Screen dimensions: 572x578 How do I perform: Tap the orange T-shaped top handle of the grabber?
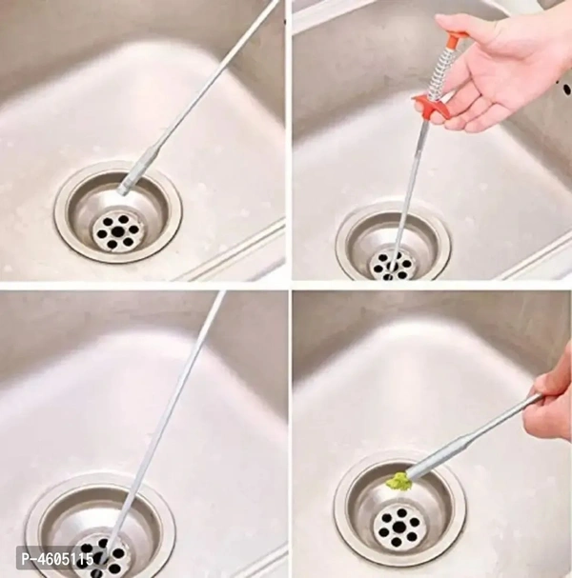coord(453,37)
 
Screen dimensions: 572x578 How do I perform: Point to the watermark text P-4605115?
coord(57,560)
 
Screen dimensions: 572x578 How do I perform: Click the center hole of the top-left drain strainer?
coord(117,231)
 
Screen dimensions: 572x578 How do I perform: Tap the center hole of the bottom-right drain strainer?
coord(400,528)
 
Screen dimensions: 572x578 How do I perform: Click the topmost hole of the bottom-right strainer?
coord(402,512)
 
